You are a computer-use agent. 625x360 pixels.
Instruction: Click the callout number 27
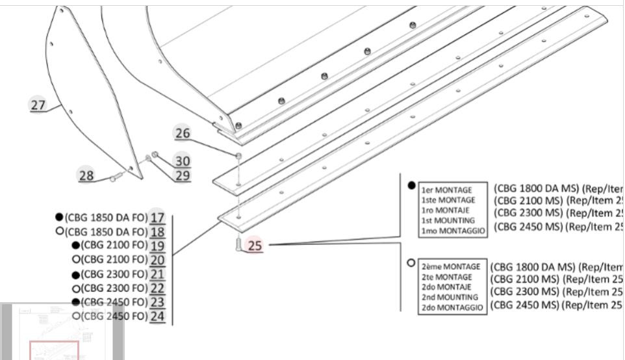click(38, 105)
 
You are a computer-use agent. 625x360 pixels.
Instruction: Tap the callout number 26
click(183, 133)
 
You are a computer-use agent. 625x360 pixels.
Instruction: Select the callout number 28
click(86, 175)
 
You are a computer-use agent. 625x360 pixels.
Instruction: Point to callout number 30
click(183, 161)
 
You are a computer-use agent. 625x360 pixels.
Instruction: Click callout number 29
click(183, 175)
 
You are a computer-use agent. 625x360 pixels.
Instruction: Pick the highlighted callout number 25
click(255, 246)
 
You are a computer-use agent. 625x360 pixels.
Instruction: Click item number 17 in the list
click(157, 218)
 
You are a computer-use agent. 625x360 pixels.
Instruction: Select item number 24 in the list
click(157, 316)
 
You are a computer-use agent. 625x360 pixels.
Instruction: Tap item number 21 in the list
click(157, 274)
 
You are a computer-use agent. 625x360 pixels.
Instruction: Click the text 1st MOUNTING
click(448, 221)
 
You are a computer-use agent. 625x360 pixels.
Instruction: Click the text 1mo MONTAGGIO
click(453, 231)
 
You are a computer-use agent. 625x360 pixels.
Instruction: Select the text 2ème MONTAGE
click(451, 266)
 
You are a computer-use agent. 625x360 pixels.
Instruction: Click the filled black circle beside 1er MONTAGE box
click(411, 185)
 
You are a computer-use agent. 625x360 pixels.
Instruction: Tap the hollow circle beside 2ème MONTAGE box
click(411, 263)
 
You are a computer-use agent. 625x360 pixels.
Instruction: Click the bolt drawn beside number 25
click(238, 245)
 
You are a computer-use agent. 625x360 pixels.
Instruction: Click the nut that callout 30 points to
click(155, 154)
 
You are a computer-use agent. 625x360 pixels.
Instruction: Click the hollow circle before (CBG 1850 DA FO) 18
click(60, 231)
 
